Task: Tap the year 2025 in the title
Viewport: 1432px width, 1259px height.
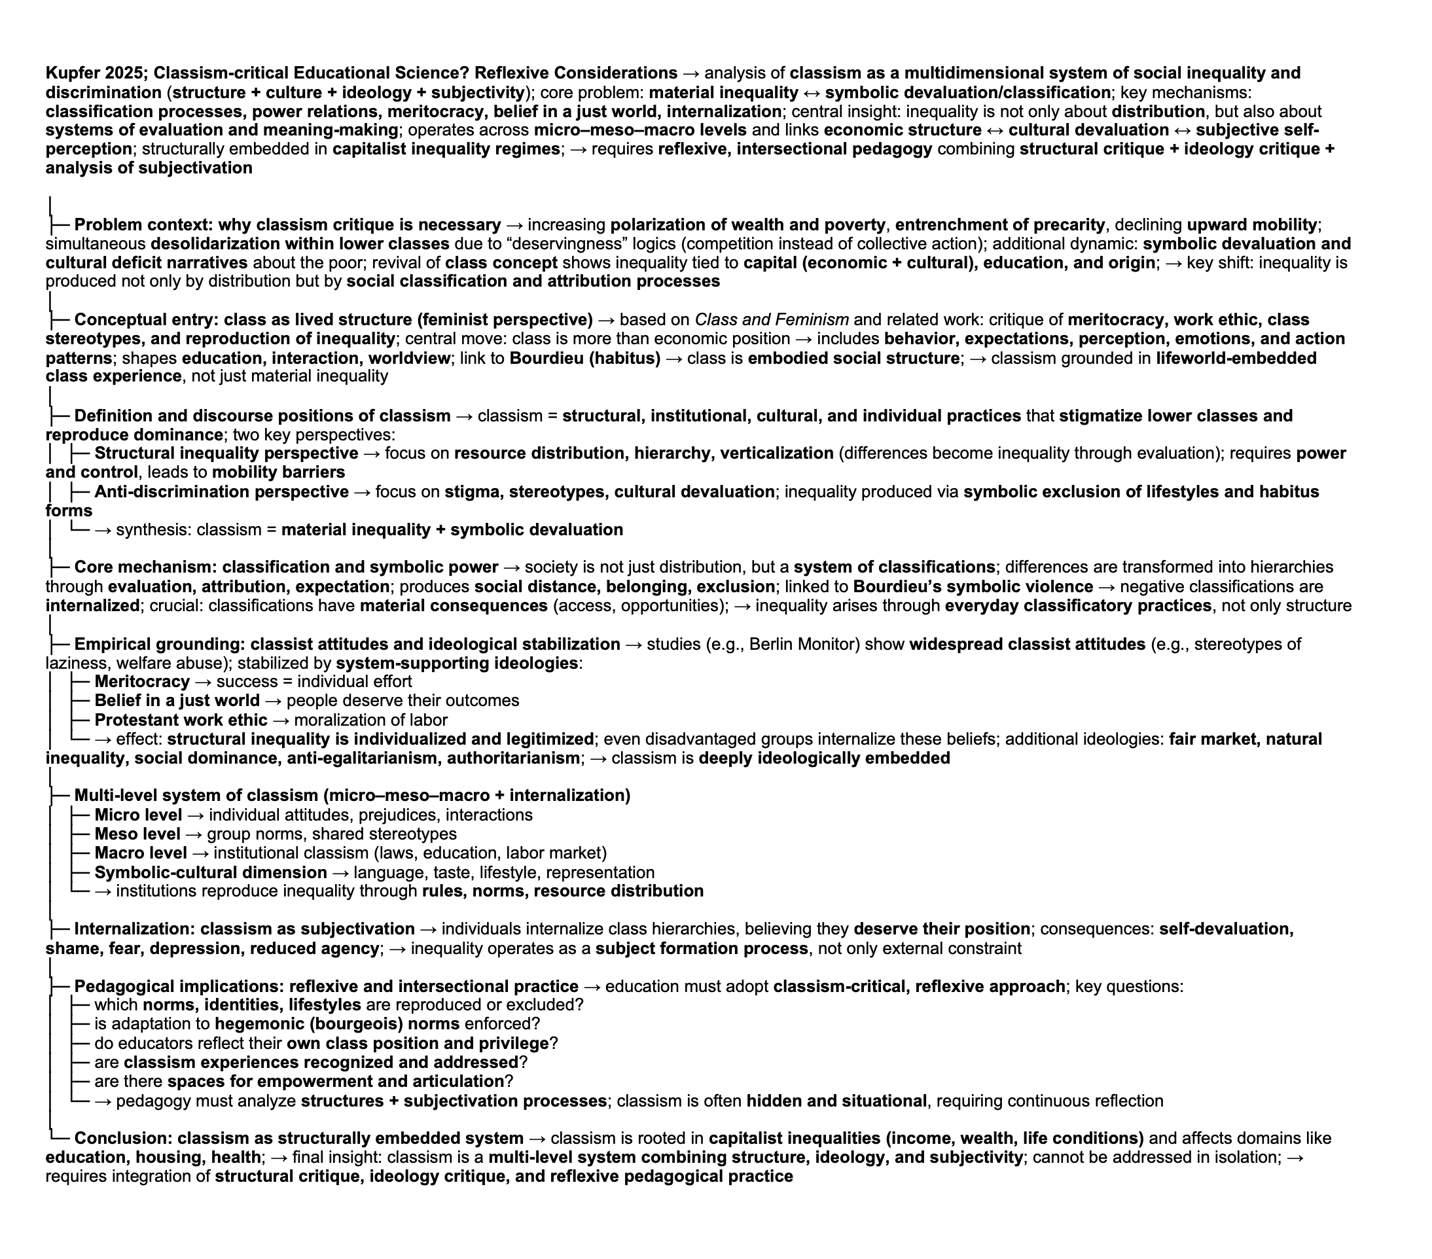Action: coord(125,73)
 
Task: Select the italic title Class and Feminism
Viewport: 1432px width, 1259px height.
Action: coord(772,320)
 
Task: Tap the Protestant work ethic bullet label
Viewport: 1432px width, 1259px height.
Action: coord(181,720)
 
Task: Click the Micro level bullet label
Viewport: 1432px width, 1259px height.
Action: coord(138,815)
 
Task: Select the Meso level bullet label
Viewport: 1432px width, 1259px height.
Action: coord(137,834)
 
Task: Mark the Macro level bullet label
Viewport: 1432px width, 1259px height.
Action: coord(141,853)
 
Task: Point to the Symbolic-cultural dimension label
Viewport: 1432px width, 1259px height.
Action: coord(210,873)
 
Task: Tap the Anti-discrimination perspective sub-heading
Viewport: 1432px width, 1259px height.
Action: coord(221,493)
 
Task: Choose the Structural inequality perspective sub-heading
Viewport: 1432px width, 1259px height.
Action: coord(226,454)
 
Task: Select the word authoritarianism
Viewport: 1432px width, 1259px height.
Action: coord(513,759)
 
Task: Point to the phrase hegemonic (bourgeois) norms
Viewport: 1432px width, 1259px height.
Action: coord(337,1024)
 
